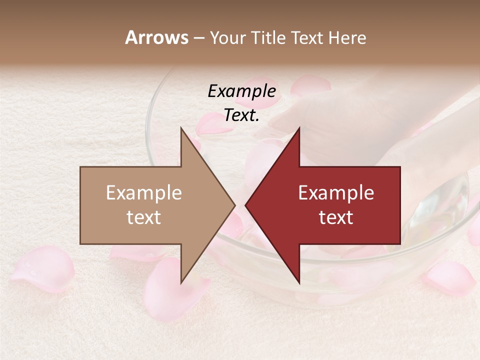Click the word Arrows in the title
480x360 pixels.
point(156,37)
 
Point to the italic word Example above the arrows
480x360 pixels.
point(241,91)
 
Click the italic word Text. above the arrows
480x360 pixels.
point(241,115)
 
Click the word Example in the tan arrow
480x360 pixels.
point(143,193)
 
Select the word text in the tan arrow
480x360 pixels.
point(143,217)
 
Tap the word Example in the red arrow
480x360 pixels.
point(336,193)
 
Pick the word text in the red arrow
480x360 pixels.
point(336,217)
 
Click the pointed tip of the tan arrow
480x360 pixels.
point(234,205)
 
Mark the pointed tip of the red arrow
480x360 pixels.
point(246,205)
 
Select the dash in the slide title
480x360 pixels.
point(198,38)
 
